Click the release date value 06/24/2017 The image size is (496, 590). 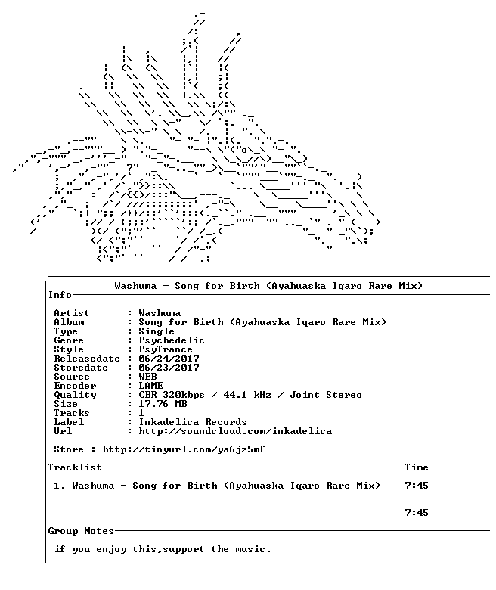pos(169,359)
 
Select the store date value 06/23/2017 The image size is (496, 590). pos(169,368)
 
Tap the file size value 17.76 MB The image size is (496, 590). pos(163,404)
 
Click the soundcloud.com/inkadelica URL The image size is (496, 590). pos(235,431)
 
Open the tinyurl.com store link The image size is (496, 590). pos(184,449)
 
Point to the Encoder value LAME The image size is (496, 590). pos(150,386)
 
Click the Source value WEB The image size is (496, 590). pos(147,377)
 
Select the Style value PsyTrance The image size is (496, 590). pos(166,349)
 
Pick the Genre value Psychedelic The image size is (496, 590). pos(172,340)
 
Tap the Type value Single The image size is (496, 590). pos(157,331)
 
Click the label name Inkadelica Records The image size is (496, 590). pos(193,422)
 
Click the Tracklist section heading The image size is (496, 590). pos(75,467)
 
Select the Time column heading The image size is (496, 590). pos(417,467)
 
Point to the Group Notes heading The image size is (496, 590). pos(81,531)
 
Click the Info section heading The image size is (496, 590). pos(60,295)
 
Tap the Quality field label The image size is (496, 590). pos(75,395)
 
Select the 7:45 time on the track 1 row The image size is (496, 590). pos(417,486)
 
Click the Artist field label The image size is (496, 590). pos(72,313)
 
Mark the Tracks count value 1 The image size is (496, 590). pos(141,413)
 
